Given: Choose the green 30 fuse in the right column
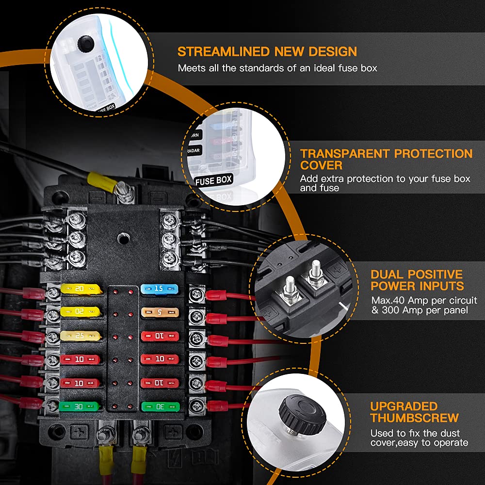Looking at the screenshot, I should [157, 405].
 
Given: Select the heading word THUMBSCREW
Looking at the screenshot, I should [415, 418].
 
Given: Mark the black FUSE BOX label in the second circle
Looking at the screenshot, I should [213, 180].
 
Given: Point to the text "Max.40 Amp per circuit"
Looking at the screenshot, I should [424, 301].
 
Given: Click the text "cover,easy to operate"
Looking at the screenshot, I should [420, 443].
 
